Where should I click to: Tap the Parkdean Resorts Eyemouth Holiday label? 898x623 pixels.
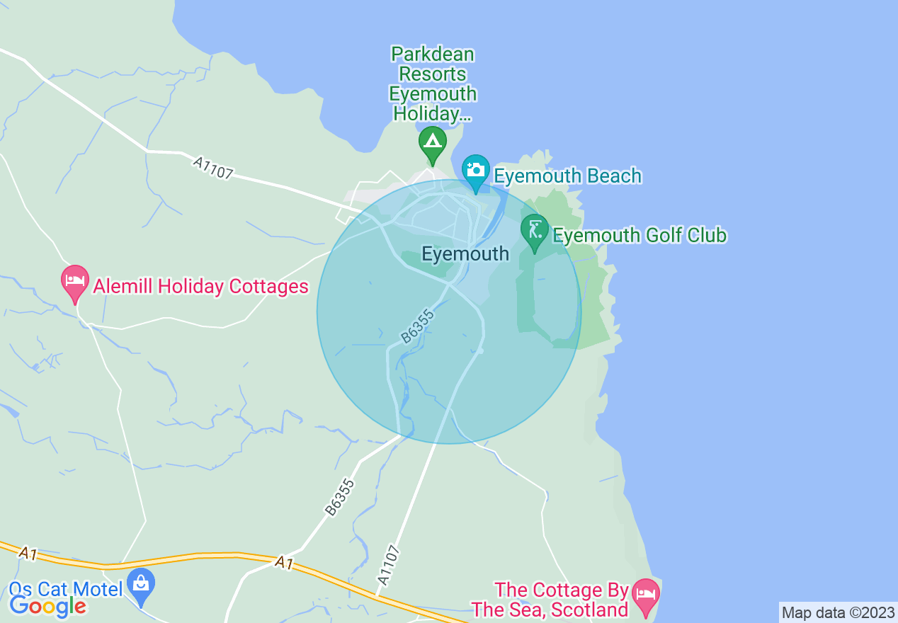[x=432, y=84]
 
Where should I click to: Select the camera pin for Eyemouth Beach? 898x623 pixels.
[x=476, y=171]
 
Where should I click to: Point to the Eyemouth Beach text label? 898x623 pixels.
[x=567, y=176]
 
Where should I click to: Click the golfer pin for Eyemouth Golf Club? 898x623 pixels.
[x=535, y=231]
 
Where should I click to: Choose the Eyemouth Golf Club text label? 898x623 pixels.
[x=640, y=235]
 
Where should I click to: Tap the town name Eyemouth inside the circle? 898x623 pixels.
[x=465, y=253]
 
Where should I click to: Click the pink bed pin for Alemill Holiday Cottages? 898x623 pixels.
[x=75, y=282]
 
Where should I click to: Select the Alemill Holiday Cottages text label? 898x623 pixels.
[x=201, y=286]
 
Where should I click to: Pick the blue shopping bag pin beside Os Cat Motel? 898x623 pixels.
[x=142, y=585]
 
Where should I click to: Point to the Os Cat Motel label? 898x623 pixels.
[x=66, y=588]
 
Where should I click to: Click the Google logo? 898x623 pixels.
[x=47, y=605]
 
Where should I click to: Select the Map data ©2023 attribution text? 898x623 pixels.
[x=838, y=612]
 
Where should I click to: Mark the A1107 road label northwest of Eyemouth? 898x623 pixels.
[x=212, y=168]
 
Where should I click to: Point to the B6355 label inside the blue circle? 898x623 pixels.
[x=416, y=325]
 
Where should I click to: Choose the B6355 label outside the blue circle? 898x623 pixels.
[x=339, y=496]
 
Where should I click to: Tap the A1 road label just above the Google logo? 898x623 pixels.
[x=28, y=554]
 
